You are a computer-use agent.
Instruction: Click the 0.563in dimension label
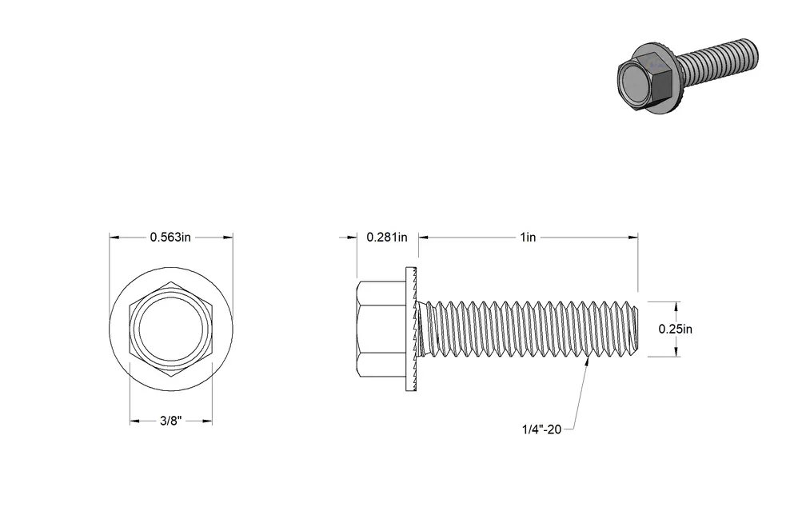coord(170,238)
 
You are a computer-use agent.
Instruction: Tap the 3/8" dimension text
coord(170,421)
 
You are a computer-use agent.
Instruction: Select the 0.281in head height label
coord(387,238)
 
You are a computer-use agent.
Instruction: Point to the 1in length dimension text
coord(528,238)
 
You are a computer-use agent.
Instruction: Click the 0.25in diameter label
coord(676,329)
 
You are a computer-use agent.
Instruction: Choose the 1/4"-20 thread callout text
coord(541,429)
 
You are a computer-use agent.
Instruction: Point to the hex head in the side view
coord(381,329)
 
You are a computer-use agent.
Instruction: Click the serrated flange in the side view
coord(411,329)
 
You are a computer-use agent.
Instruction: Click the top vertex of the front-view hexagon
coord(171,281)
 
